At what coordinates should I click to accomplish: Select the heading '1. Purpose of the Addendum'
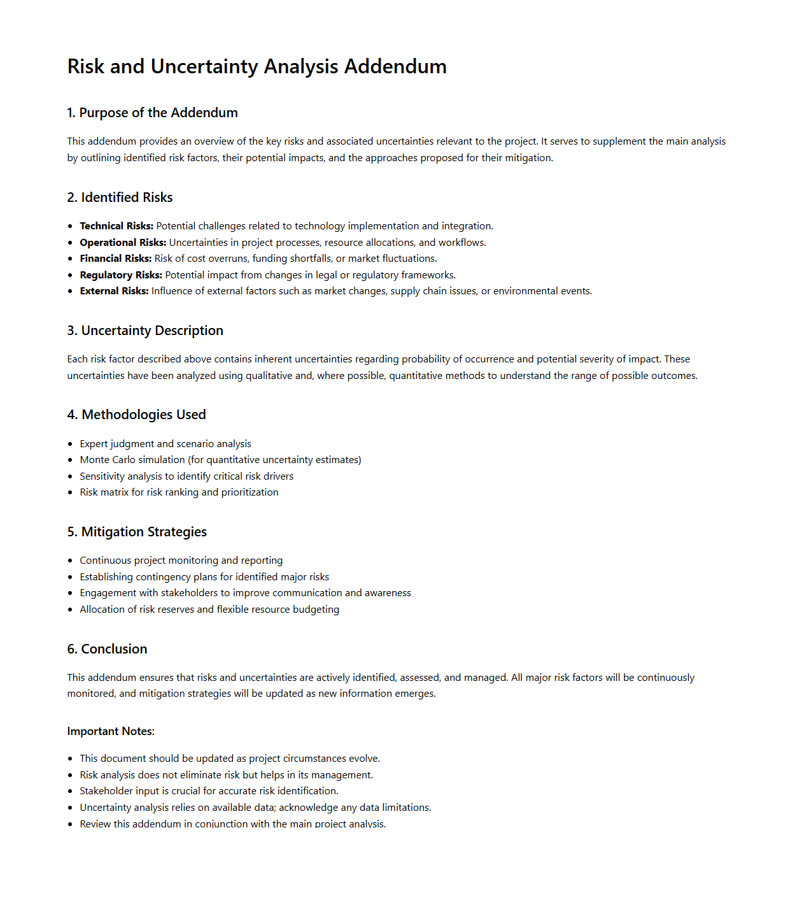(x=152, y=113)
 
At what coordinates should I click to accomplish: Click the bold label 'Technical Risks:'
(x=116, y=226)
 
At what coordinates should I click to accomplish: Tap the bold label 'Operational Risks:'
(x=123, y=243)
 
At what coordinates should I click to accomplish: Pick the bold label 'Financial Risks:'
(x=116, y=259)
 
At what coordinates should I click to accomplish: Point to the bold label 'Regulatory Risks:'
(x=121, y=275)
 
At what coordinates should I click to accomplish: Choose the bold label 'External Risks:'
(x=114, y=291)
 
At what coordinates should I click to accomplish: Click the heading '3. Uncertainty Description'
(x=145, y=331)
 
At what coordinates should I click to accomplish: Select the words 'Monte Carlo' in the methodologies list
(x=106, y=460)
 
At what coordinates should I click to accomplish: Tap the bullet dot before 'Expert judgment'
(x=70, y=444)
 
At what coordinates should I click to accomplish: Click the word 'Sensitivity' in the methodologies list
(x=104, y=476)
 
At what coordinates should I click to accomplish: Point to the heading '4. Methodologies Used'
(x=136, y=415)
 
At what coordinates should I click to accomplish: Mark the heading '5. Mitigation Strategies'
(x=137, y=532)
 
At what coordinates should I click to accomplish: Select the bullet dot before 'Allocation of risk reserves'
(x=70, y=610)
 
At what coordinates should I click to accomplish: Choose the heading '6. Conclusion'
(x=107, y=649)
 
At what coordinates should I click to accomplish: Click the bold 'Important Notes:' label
(x=111, y=731)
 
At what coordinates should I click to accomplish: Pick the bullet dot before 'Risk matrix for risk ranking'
(x=70, y=492)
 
